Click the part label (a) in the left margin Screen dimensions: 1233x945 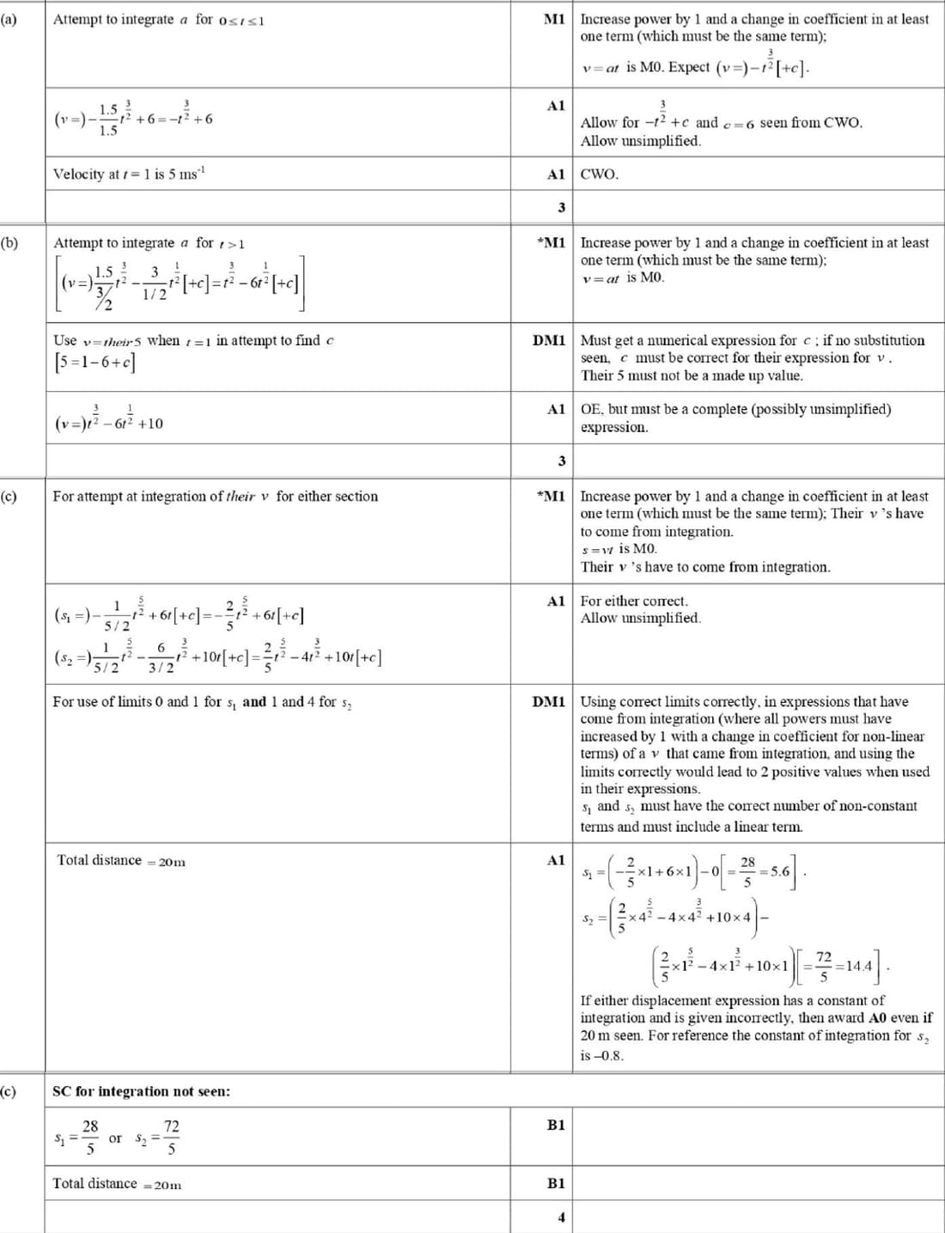coord(8,19)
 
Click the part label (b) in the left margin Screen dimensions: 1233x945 coord(9,243)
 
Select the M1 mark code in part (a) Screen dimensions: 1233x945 coord(554,19)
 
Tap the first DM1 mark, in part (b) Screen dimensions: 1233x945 coord(549,340)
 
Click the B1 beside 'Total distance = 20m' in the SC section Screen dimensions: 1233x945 coord(556,1183)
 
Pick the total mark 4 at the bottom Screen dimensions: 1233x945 coord(561,1217)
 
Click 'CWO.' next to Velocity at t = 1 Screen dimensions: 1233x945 coord(599,174)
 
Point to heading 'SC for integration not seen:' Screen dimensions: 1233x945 coord(141,1091)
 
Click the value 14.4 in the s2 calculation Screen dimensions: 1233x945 coord(858,966)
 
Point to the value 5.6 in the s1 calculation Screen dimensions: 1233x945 coord(779,870)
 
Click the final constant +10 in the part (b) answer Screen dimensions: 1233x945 coord(149,424)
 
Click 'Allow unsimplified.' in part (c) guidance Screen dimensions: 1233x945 coord(640,618)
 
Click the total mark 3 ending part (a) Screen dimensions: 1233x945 coord(561,208)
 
